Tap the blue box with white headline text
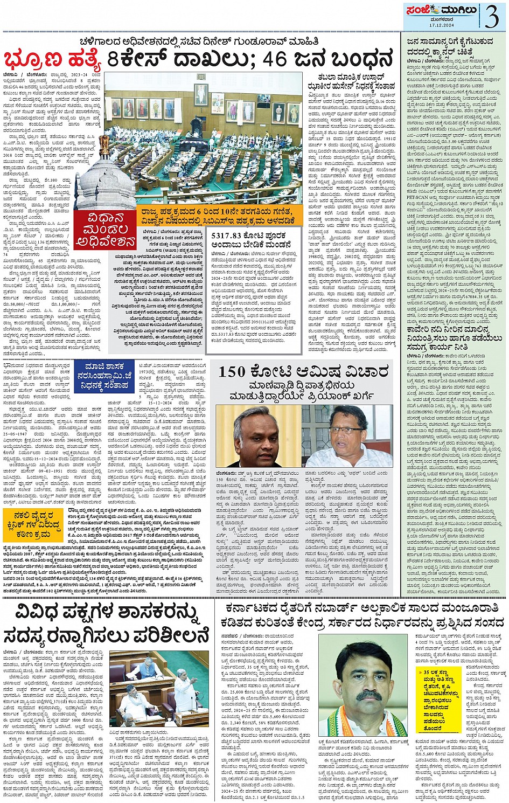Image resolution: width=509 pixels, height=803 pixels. point(104,377)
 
